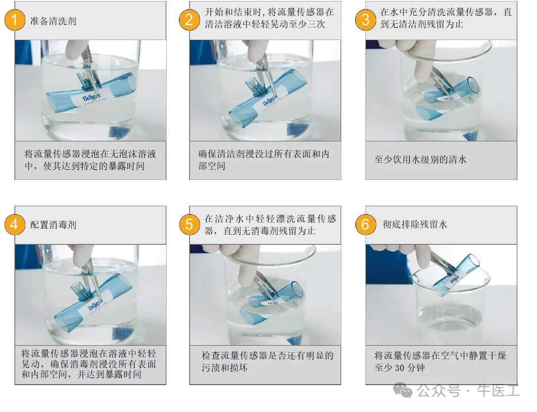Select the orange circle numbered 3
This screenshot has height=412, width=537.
tap(365, 20)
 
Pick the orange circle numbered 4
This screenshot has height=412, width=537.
tap(15, 224)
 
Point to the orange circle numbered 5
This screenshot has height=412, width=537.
tap(189, 224)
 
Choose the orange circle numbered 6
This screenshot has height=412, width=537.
tap(365, 224)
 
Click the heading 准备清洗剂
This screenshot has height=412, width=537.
tap(53, 21)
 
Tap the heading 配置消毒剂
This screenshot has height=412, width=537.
tap(53, 224)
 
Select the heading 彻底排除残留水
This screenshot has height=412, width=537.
tap(415, 224)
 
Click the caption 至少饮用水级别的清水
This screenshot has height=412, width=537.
tap(420, 160)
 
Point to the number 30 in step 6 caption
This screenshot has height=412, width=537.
tap(400, 368)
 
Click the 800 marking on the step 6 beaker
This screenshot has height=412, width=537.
tap(459, 316)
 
